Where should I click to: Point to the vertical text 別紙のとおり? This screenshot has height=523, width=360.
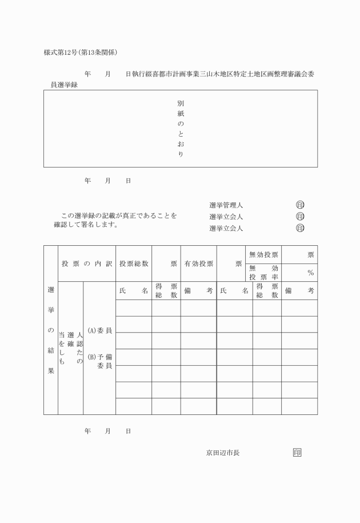point(181,129)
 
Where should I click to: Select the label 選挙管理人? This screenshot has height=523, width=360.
point(226,205)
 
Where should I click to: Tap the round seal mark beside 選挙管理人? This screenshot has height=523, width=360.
point(300,205)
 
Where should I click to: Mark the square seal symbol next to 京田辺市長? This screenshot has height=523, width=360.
point(297,453)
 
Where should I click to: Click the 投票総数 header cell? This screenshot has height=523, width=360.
point(134,264)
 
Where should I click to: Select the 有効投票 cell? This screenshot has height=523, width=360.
point(199,264)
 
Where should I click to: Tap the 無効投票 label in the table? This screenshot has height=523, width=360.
point(263,254)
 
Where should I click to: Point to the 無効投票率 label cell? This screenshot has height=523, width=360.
point(263,272)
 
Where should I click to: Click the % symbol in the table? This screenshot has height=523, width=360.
point(311,273)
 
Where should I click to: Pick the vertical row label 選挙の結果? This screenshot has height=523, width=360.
point(51,330)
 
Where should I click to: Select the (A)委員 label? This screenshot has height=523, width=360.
point(99,331)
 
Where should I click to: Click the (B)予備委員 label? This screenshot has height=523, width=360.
point(99,361)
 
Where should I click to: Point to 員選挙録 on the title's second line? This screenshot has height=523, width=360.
point(64,85)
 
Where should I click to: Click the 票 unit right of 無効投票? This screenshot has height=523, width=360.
point(310,254)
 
